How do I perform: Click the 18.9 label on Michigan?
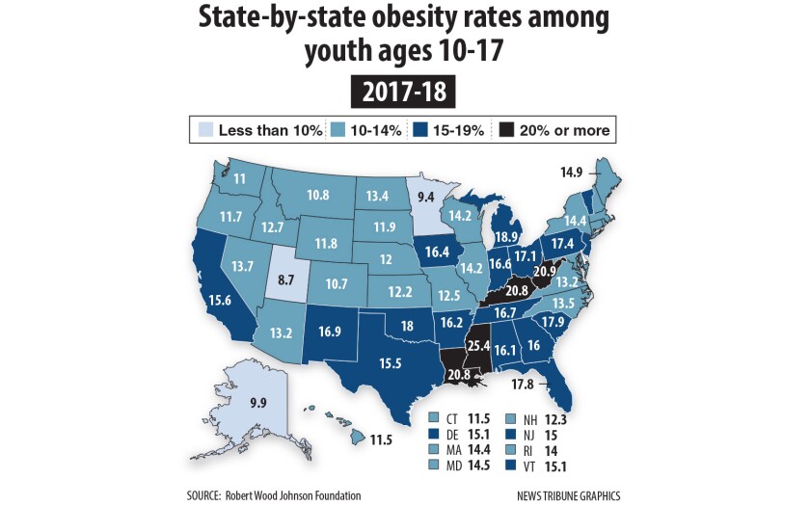505,237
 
